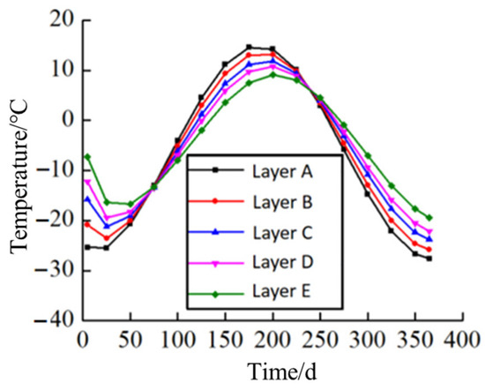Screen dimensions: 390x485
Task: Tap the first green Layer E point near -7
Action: tap(87, 156)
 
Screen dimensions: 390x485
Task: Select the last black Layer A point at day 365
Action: tap(429, 259)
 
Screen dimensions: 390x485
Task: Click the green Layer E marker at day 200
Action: tap(272, 74)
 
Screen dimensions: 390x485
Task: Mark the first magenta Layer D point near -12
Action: tap(87, 181)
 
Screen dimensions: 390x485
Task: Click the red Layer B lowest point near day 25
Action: tap(107, 237)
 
